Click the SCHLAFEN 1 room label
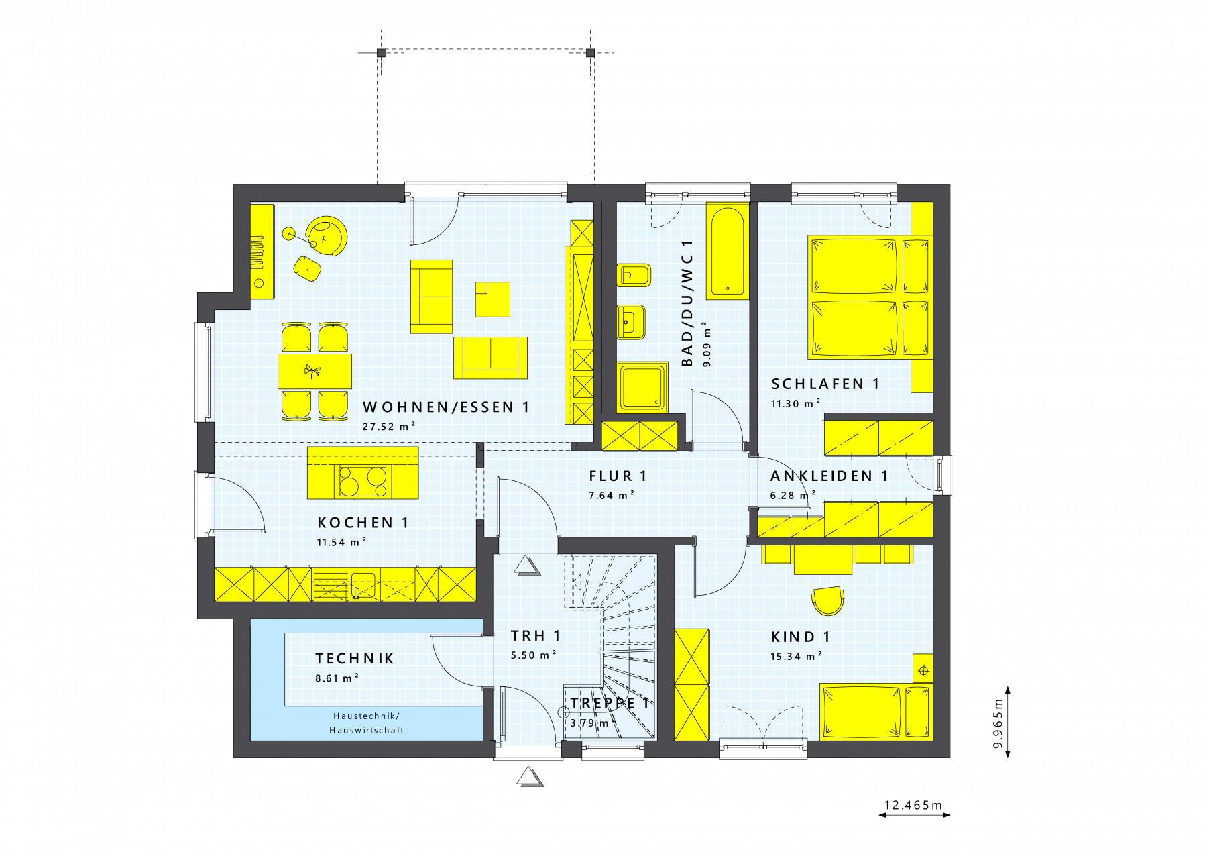825,384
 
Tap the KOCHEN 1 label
363,523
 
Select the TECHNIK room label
355,659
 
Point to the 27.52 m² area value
389,427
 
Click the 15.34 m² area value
796,657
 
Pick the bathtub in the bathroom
728,252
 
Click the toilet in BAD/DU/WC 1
634,275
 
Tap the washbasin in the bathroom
631,322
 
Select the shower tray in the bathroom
642,386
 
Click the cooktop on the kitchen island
363,481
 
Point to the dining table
314,371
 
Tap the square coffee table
492,299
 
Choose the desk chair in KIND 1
827,600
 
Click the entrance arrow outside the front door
530,777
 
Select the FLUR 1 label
618,476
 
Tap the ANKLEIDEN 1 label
829,476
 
